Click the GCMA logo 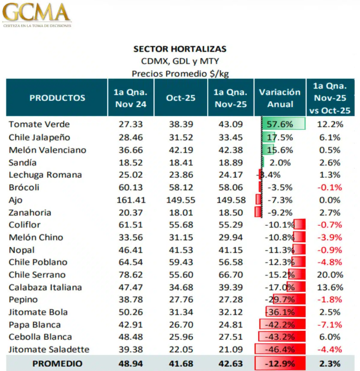pos(37,15)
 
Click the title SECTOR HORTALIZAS pos(180,49)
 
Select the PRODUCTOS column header pos(57,97)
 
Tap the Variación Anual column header pos(280,98)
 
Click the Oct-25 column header pos(180,98)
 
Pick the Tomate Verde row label pos(39,124)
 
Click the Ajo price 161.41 pos(130,200)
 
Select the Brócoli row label pos(24,187)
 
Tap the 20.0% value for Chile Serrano pos(329,275)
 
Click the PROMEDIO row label pos(57,364)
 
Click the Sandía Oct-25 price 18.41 pos(180,162)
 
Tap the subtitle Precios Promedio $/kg pos(180,73)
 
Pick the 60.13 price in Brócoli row pos(130,187)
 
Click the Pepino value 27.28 pos(230,300)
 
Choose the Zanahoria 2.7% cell pos(329,212)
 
